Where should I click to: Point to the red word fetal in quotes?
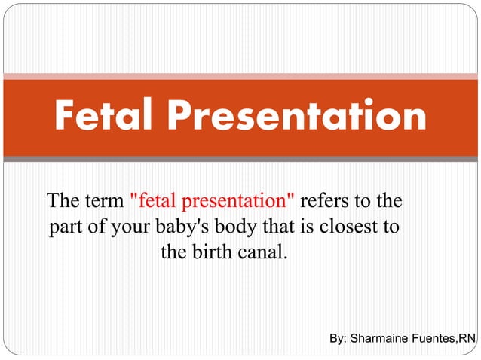(154, 202)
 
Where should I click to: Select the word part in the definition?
(66, 227)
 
